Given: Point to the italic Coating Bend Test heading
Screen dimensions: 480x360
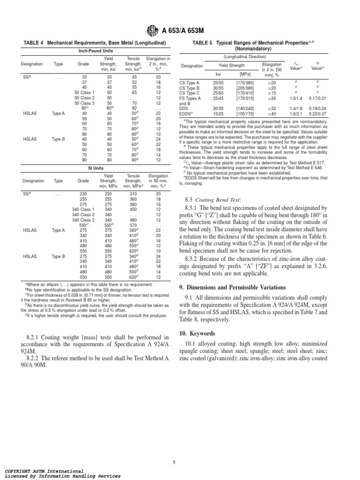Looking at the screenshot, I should (217, 199).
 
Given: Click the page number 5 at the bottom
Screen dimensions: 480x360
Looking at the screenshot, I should (173, 462).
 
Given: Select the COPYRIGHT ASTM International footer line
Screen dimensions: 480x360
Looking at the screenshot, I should (45, 471).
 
